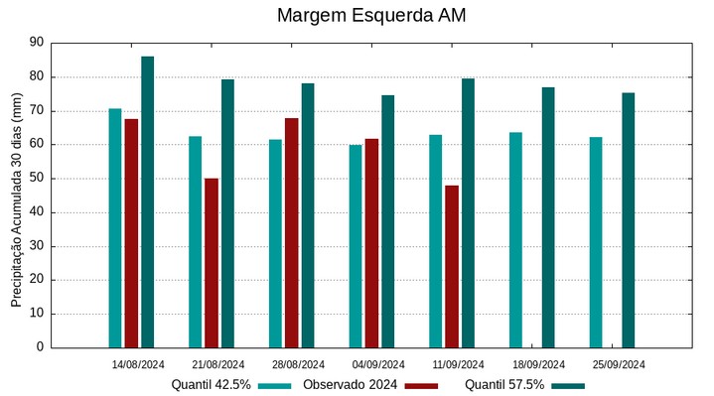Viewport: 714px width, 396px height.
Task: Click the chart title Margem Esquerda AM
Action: click(x=370, y=16)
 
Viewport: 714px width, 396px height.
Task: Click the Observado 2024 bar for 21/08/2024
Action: click(x=212, y=263)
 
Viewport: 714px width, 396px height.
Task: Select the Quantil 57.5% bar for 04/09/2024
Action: click(x=387, y=221)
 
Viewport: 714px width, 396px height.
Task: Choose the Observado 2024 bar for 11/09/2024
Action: click(x=452, y=266)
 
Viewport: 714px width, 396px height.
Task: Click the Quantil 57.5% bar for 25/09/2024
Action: click(x=628, y=219)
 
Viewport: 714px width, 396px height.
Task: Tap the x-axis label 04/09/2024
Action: click(x=377, y=363)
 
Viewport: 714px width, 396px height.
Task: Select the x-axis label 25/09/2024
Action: click(x=618, y=363)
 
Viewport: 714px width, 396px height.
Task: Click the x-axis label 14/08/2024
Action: click(x=137, y=363)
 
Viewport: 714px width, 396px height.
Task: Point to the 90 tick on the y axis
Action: click(x=37, y=43)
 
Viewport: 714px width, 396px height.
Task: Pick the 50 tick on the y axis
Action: click(x=37, y=179)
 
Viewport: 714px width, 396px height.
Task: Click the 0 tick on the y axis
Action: click(x=40, y=347)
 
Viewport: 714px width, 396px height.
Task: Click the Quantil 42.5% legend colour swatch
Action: click(x=275, y=385)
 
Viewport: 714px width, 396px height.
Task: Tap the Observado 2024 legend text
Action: click(x=350, y=385)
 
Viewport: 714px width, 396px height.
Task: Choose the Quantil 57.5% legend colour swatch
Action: click(x=568, y=385)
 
